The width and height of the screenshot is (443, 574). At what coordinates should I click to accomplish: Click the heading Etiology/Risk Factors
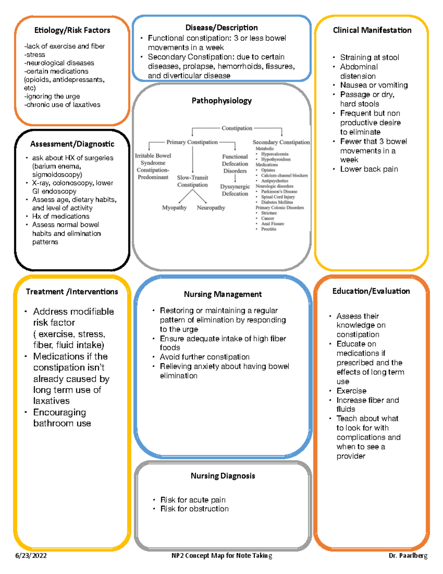pos(72,30)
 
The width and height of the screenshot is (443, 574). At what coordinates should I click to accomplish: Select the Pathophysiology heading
pos(221,101)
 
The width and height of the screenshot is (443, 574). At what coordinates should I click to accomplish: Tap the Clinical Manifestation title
pos(372,30)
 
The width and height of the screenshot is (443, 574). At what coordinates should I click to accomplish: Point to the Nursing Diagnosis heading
pos(223,476)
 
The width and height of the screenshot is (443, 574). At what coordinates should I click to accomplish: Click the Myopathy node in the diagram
pos(174,208)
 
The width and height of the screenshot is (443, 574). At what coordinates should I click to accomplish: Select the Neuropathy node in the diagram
pos(211,208)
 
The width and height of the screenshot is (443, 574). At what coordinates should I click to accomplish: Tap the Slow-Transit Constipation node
pos(192,181)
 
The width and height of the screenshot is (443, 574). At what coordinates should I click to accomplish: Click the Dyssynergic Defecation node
pos(235,190)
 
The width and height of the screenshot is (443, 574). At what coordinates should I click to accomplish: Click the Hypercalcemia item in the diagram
pos(275,154)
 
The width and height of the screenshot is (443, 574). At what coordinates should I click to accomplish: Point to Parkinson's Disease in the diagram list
pos(279,191)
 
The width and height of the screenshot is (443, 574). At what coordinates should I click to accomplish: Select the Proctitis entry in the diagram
pos(269,229)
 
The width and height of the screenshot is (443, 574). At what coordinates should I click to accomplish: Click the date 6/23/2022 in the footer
pos(31,556)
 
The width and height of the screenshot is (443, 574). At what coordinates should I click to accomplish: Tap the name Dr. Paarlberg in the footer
pos(408,556)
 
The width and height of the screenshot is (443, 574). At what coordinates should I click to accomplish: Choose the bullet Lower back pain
pos(369,169)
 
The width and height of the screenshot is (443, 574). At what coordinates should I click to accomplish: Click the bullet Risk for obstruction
pos(194,509)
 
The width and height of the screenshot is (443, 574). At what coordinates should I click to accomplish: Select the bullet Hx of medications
pos(61,216)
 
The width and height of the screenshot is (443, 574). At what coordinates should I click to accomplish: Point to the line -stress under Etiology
pos(35,55)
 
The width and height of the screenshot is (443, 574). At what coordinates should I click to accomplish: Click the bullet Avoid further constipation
pos(205,357)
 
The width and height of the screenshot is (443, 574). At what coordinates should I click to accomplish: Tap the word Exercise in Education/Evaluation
pos(351,391)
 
